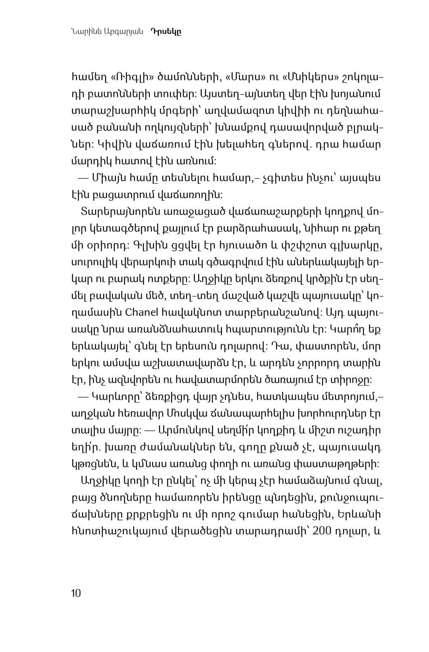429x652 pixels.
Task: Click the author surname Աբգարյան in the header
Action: (125, 33)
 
